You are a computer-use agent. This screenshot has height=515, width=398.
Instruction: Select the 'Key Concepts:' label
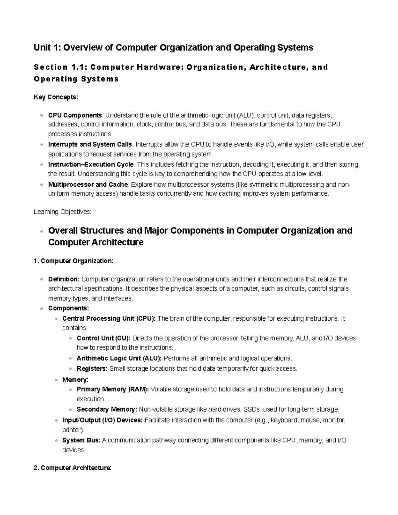click(56, 97)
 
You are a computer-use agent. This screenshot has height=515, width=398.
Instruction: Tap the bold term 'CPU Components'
click(75, 115)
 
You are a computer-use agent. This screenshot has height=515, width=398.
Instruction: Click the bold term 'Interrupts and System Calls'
click(90, 145)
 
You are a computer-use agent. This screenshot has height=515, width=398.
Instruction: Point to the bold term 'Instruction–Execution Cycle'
click(91, 164)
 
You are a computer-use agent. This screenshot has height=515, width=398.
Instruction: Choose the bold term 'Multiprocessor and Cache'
click(88, 184)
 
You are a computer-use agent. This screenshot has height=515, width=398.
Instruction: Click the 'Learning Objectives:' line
click(62, 212)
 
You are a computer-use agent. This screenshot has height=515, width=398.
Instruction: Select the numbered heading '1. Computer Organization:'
click(73, 261)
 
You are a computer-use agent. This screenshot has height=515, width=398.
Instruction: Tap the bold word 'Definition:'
click(64, 279)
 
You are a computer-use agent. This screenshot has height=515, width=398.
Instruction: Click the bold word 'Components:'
click(68, 308)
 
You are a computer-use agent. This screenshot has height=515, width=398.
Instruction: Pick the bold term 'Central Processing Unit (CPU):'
click(109, 319)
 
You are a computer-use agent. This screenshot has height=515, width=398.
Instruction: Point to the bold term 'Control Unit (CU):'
click(103, 338)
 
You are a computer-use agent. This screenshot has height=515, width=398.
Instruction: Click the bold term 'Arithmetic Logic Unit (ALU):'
click(119, 358)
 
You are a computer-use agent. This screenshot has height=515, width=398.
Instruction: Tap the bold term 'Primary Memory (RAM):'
click(113, 389)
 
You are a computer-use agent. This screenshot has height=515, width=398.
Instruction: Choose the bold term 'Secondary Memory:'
click(107, 410)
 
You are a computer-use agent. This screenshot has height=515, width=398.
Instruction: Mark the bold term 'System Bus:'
click(81, 440)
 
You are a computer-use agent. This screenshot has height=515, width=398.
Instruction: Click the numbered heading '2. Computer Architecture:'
click(72, 468)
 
